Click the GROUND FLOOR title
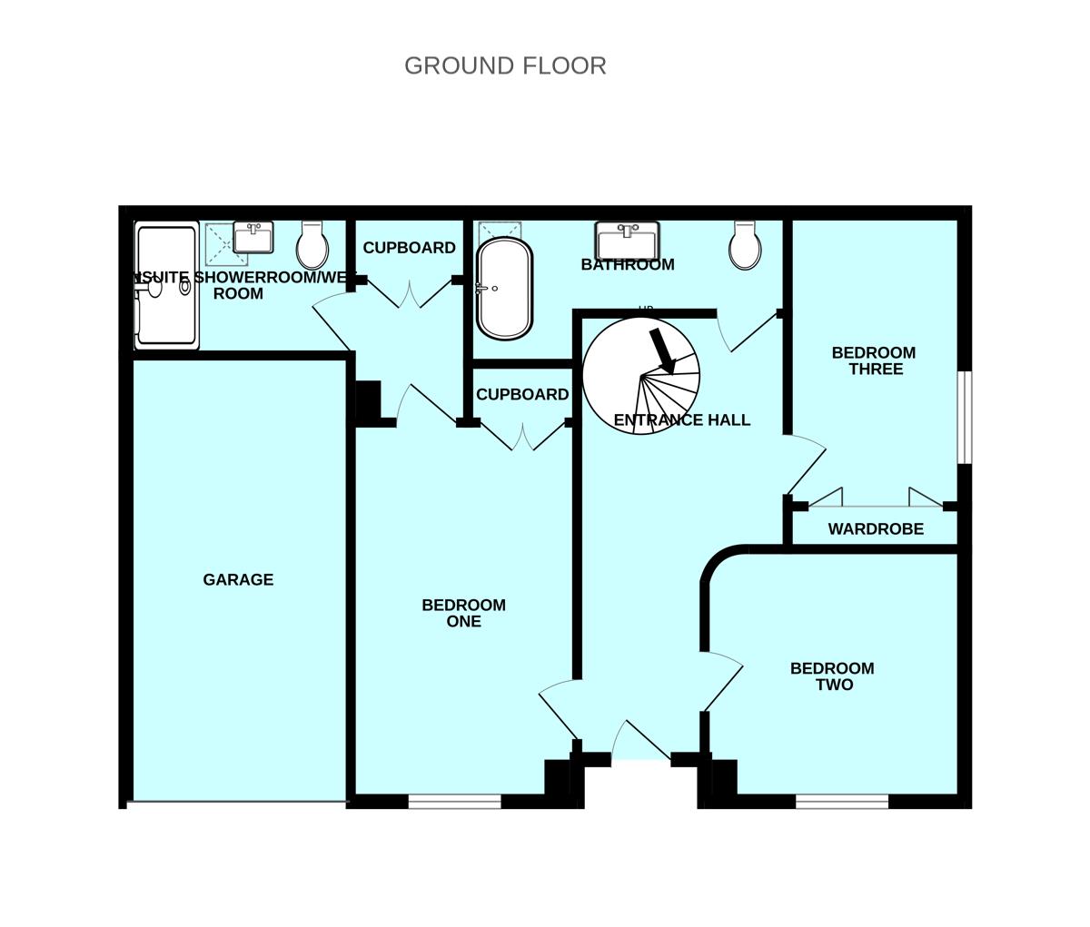tap(505, 66)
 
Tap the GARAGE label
tap(238, 579)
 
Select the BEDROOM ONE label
tap(463, 613)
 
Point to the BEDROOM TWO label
tap(832, 676)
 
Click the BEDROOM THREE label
tap(874, 360)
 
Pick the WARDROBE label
tap(876, 528)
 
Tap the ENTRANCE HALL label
tap(682, 419)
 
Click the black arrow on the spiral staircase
tap(662, 350)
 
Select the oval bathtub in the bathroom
tap(504, 288)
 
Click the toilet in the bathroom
tap(745, 246)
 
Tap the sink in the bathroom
tap(627, 242)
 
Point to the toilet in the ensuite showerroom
tap(312, 246)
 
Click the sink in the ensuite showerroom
tap(253, 238)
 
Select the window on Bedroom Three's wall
tap(966, 417)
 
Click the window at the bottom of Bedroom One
tap(454, 802)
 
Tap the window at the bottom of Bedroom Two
tap(842, 802)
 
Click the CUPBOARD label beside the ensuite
tap(409, 248)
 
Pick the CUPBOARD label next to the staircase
tap(522, 395)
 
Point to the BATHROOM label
tap(628, 265)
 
